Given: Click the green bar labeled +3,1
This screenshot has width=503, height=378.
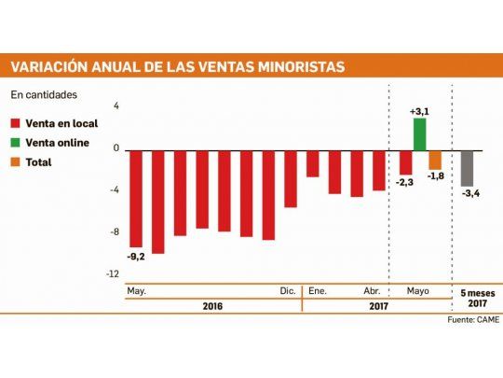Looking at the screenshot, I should [x=419, y=133].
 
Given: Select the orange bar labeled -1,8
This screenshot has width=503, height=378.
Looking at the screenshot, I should [x=435, y=159].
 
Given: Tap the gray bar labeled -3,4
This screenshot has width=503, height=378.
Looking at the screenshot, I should [x=467, y=167].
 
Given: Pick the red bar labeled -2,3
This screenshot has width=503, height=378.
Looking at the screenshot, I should [x=405, y=161].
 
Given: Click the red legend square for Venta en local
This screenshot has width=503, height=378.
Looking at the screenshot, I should [x=17, y=122].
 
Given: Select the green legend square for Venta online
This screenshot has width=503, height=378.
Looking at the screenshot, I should [x=17, y=142].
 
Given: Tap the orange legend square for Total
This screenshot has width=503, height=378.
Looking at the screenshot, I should [x=17, y=161].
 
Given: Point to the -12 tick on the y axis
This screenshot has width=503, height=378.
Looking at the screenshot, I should [x=113, y=273].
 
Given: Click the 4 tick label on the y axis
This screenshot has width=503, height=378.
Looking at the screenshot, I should [x=116, y=106].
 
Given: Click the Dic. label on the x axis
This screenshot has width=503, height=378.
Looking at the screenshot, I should [x=289, y=291].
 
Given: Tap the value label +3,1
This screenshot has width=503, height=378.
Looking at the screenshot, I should [x=420, y=111].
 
